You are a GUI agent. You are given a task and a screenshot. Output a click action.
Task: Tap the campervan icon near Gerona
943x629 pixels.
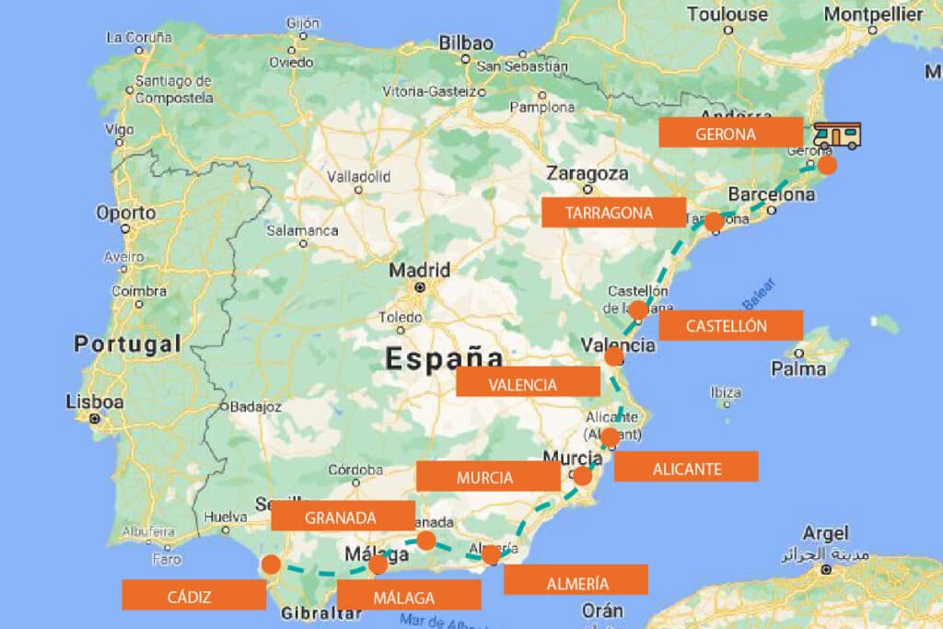(x=837, y=136)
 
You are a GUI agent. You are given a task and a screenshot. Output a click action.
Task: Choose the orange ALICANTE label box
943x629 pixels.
(x=686, y=467)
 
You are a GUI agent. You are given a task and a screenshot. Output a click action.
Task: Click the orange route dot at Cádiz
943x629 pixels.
(x=271, y=564)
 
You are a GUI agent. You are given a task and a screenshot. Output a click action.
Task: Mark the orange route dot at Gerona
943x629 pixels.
(x=827, y=165)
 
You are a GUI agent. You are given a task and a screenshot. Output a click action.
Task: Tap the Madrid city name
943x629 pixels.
(x=420, y=271)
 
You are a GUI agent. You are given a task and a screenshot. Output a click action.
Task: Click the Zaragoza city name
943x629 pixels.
(x=588, y=173)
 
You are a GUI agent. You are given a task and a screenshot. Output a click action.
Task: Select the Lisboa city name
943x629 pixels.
(x=95, y=402)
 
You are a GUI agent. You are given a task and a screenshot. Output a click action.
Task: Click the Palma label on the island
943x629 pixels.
(x=798, y=369)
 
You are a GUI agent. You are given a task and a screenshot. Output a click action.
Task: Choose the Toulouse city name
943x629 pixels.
(x=728, y=14)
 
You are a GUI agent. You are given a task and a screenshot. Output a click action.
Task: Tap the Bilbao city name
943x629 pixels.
(x=466, y=42)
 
